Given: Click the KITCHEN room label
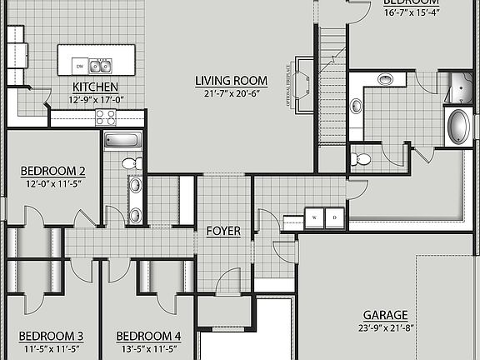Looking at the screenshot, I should tap(95, 87).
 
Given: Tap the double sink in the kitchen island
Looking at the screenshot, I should tap(101, 66).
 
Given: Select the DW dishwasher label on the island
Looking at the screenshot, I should tap(79, 66).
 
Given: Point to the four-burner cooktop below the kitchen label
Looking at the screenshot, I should tap(105, 117).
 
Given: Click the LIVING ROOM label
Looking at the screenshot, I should tap(231, 81).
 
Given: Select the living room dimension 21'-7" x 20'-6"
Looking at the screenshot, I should tap(231, 94).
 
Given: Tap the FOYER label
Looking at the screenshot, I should tap(223, 231).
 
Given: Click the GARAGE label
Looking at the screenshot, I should tap(385, 315).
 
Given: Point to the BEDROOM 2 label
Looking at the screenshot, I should tap(53, 172).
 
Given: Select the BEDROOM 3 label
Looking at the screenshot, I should tap(51, 336).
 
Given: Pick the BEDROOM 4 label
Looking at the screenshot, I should tap(149, 336).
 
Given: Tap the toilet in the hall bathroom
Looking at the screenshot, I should tap(131, 163).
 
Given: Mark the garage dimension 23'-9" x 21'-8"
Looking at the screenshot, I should tap(385, 329).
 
